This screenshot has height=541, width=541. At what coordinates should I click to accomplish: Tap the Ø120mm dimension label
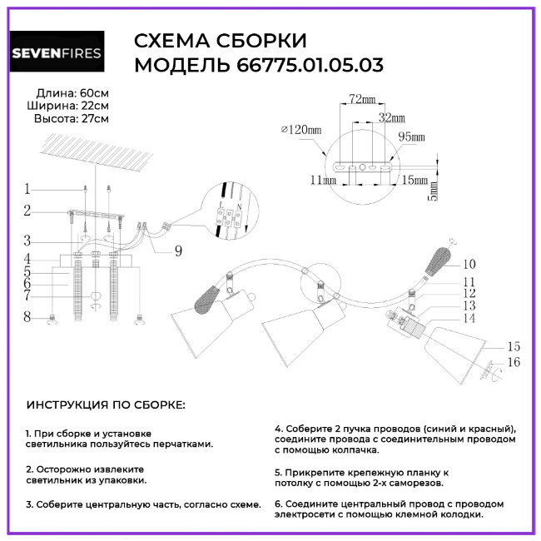pyautogui.click(x=301, y=130)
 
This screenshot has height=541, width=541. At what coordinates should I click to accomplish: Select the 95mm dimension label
pyautogui.click(x=411, y=136)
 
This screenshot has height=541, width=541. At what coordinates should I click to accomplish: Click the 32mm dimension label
pyautogui.click(x=391, y=117)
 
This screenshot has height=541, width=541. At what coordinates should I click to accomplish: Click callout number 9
pyautogui.click(x=178, y=251)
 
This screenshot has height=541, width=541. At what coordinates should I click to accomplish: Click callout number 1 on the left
pyautogui.click(x=27, y=188)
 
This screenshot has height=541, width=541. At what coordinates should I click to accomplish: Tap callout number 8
pyautogui.click(x=27, y=316)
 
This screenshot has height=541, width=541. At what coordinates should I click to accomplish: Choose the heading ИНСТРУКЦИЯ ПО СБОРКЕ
pyautogui.click(x=106, y=405)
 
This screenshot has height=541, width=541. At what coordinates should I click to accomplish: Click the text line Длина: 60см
pyautogui.click(x=72, y=92)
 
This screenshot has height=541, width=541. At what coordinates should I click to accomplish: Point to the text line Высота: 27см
pyautogui.click(x=71, y=119)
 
